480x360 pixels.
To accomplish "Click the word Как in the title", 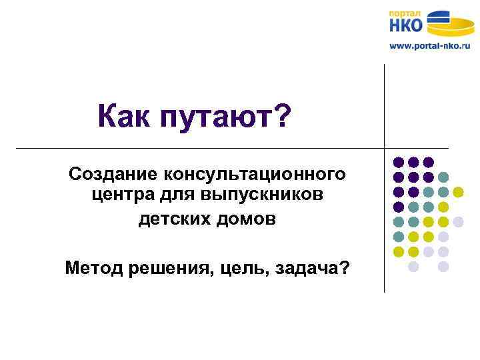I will tap(125, 117).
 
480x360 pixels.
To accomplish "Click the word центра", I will tap(117, 197).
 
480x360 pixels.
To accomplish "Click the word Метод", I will tap(92, 268).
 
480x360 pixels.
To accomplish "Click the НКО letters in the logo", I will tap(405, 26).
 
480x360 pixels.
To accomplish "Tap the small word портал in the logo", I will tap(405, 13).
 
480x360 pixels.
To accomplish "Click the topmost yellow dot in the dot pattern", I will tap(458, 192).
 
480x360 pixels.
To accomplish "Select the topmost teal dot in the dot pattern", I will tap(443, 177).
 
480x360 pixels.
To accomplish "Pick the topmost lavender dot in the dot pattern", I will tap(458, 221).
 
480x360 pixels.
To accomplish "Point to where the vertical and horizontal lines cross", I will tap(385, 147).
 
